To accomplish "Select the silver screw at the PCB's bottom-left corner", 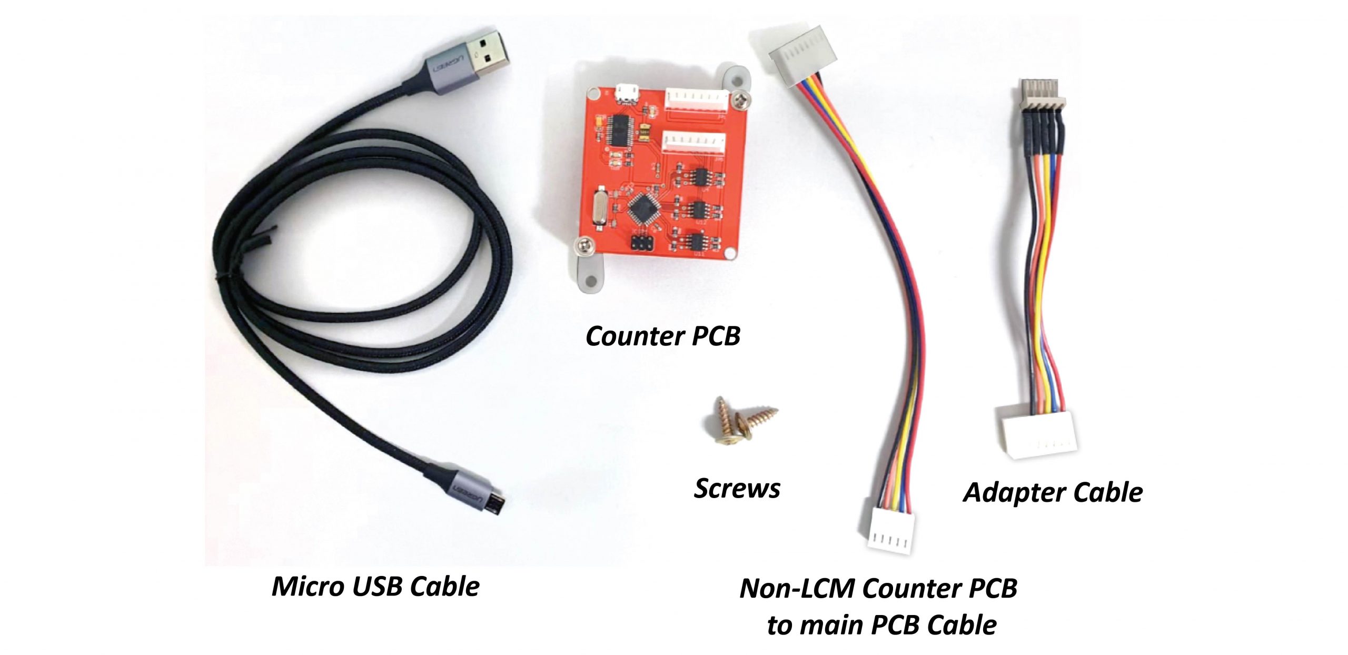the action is [584, 244].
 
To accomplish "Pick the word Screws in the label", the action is [737, 489].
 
